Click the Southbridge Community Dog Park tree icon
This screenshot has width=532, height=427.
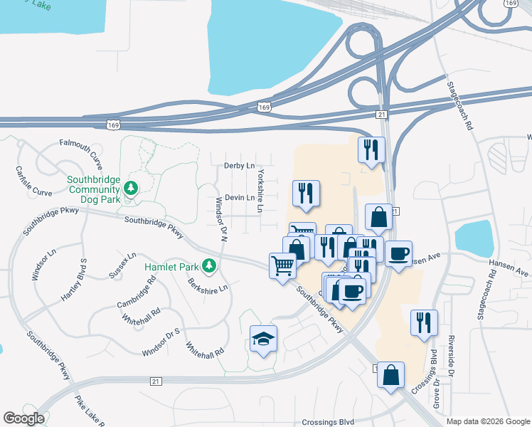(x=129, y=188)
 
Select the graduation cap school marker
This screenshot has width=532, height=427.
(x=263, y=339)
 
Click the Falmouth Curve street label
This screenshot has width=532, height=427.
(x=81, y=147)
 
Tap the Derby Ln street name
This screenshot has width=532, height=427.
(x=239, y=165)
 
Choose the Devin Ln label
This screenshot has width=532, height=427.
(x=239, y=198)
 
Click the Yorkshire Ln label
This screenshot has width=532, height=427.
(x=261, y=191)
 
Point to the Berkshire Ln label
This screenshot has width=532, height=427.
(x=208, y=285)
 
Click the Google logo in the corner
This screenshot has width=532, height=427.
(x=23, y=418)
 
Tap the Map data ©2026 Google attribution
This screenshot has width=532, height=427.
(x=487, y=421)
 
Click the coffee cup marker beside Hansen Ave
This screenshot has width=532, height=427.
(x=399, y=253)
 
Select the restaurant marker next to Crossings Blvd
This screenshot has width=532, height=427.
(x=424, y=322)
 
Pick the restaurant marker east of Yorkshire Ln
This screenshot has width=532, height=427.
(x=307, y=194)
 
